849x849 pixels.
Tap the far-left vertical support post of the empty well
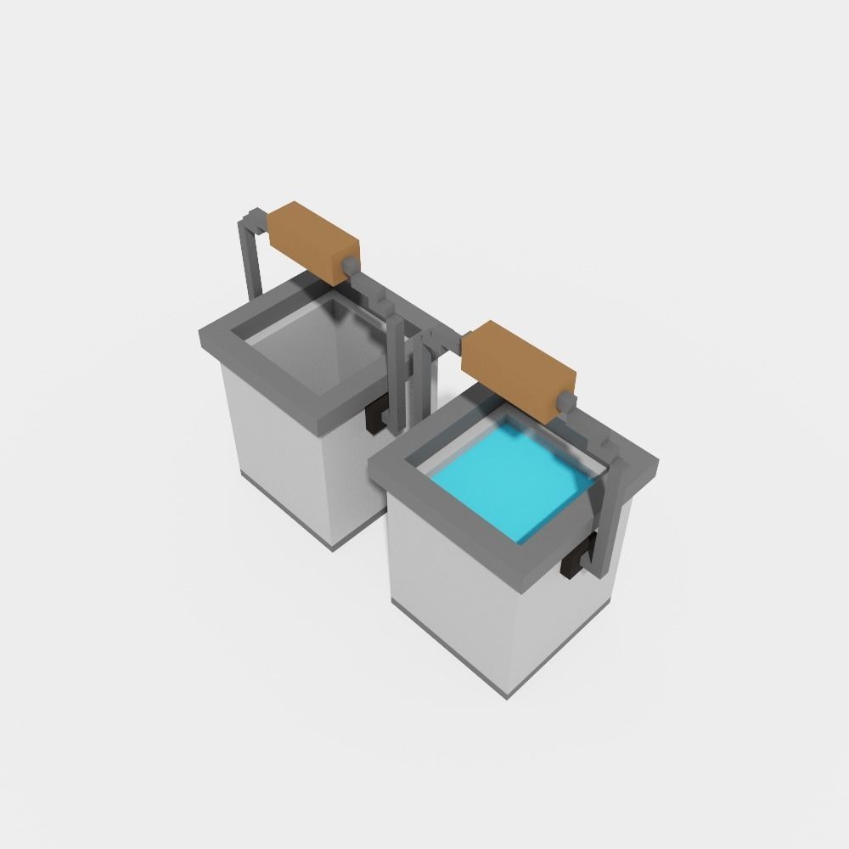click(249, 255)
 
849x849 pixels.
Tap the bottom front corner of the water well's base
click(509, 694)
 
